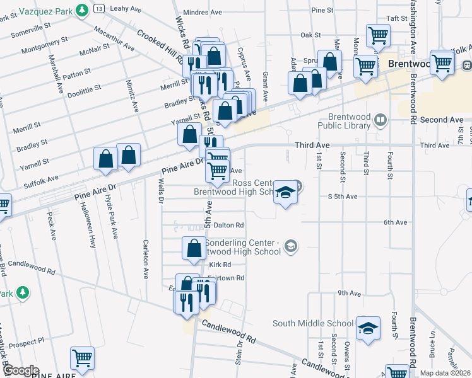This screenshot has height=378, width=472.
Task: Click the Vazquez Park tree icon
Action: [81, 11]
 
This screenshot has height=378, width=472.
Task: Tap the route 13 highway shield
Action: [100, 8]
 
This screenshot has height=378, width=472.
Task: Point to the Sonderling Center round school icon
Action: [290, 244]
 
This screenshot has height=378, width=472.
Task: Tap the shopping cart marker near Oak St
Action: [378, 36]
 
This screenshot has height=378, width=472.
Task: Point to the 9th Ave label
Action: [348, 293]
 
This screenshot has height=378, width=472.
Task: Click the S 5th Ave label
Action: [343, 197]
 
